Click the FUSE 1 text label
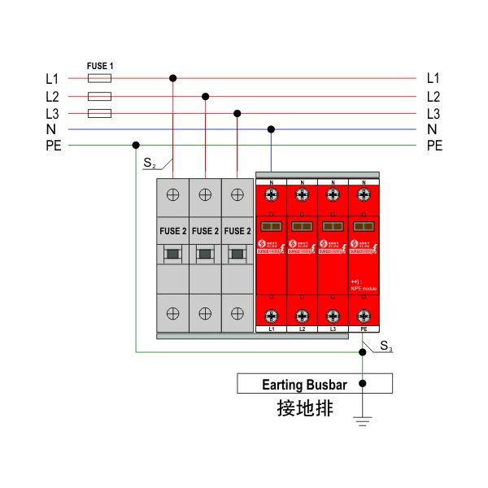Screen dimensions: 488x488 pyautogui.click(x=98, y=64)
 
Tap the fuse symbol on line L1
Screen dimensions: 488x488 pyautogui.click(x=98, y=79)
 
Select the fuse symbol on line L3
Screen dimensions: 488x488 pyautogui.click(x=98, y=113)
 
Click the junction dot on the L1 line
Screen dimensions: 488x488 pyautogui.click(x=172, y=79)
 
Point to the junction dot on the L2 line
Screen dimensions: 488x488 pyautogui.click(x=205, y=96)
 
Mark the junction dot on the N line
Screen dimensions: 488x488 pyautogui.click(x=271, y=129)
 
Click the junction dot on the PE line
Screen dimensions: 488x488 pyautogui.click(x=135, y=146)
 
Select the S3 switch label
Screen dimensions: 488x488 pyautogui.click(x=387, y=349)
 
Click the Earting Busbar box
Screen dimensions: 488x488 pyautogui.click(x=314, y=383)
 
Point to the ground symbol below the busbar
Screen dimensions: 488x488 pyautogui.click(x=363, y=421)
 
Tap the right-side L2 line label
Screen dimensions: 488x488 pyautogui.click(x=433, y=96)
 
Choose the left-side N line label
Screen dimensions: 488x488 pyautogui.click(x=51, y=129)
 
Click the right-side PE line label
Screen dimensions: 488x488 pyautogui.click(x=434, y=146)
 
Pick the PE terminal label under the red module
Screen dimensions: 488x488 pyautogui.click(x=364, y=329)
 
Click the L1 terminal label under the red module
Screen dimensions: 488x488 pyautogui.click(x=271, y=329)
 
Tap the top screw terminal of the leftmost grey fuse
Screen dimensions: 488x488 pyautogui.click(x=172, y=195)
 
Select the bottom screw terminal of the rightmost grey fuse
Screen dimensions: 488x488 pyautogui.click(x=237, y=313)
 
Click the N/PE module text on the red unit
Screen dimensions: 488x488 pyautogui.click(x=364, y=285)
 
